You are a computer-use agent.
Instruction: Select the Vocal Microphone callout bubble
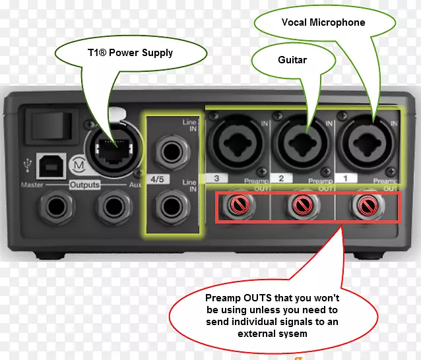pos(323,22)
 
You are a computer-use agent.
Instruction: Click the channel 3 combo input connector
pos(234,142)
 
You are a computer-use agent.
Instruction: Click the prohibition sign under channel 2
pos(302,205)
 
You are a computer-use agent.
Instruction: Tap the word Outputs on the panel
pos(85,185)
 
